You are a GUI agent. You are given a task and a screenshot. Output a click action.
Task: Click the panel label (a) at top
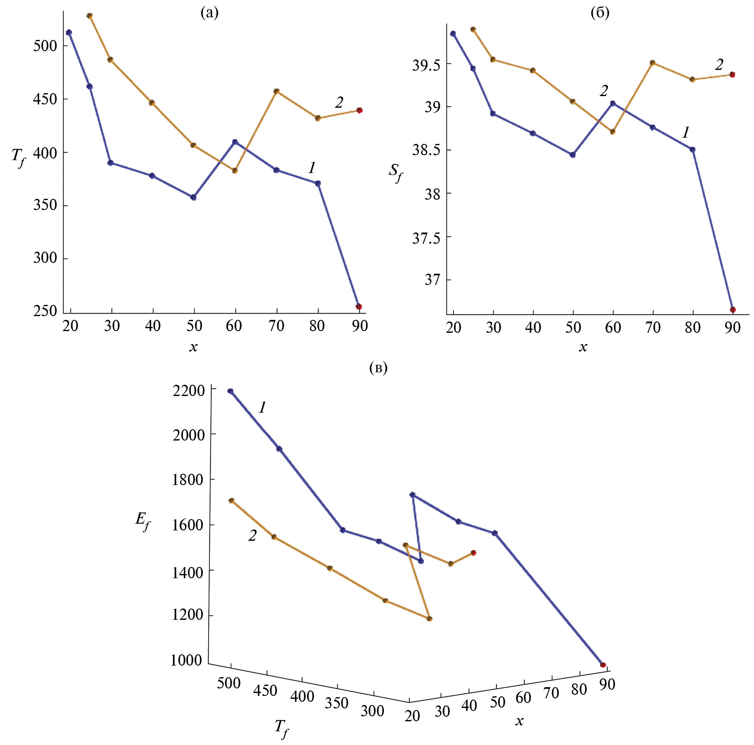pos(209,13)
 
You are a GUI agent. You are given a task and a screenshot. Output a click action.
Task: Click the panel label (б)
pos(600,13)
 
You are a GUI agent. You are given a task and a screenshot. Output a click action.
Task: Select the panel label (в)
pos(378,368)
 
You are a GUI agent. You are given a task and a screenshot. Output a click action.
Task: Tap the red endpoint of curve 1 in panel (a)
pos(359,307)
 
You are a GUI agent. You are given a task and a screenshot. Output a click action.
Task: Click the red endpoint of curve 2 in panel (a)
pos(360,110)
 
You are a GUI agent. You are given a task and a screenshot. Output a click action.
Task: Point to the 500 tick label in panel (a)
pos(45,46)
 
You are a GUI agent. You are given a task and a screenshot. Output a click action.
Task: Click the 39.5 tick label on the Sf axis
pos(426,65)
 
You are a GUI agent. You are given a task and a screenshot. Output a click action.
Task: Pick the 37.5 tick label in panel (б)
pos(426,238)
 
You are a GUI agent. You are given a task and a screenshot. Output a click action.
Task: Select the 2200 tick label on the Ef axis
pos(189,391)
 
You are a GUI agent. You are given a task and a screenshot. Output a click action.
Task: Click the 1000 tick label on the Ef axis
pos(186,660)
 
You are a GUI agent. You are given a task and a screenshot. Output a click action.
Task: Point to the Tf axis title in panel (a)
pos(18,157)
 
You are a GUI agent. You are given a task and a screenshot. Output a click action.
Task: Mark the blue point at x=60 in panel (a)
pos(235,142)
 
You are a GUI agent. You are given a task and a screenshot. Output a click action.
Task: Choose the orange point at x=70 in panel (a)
pos(276,91)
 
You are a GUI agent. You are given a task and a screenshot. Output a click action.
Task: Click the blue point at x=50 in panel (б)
pos(573,155)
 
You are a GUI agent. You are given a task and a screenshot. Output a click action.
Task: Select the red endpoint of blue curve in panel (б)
pos(733,309)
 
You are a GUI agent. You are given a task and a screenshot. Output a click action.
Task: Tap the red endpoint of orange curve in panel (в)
pos(473,553)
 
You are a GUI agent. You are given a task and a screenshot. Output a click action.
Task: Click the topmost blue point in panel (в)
pos(230,391)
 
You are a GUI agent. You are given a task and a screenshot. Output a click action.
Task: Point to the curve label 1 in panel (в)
pos(262,407)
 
